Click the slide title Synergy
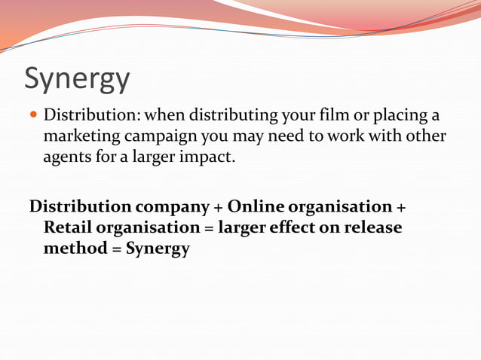coord(77,78)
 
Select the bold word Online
coord(256,206)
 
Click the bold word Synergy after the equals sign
coord(158,249)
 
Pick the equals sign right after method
coord(116,249)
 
